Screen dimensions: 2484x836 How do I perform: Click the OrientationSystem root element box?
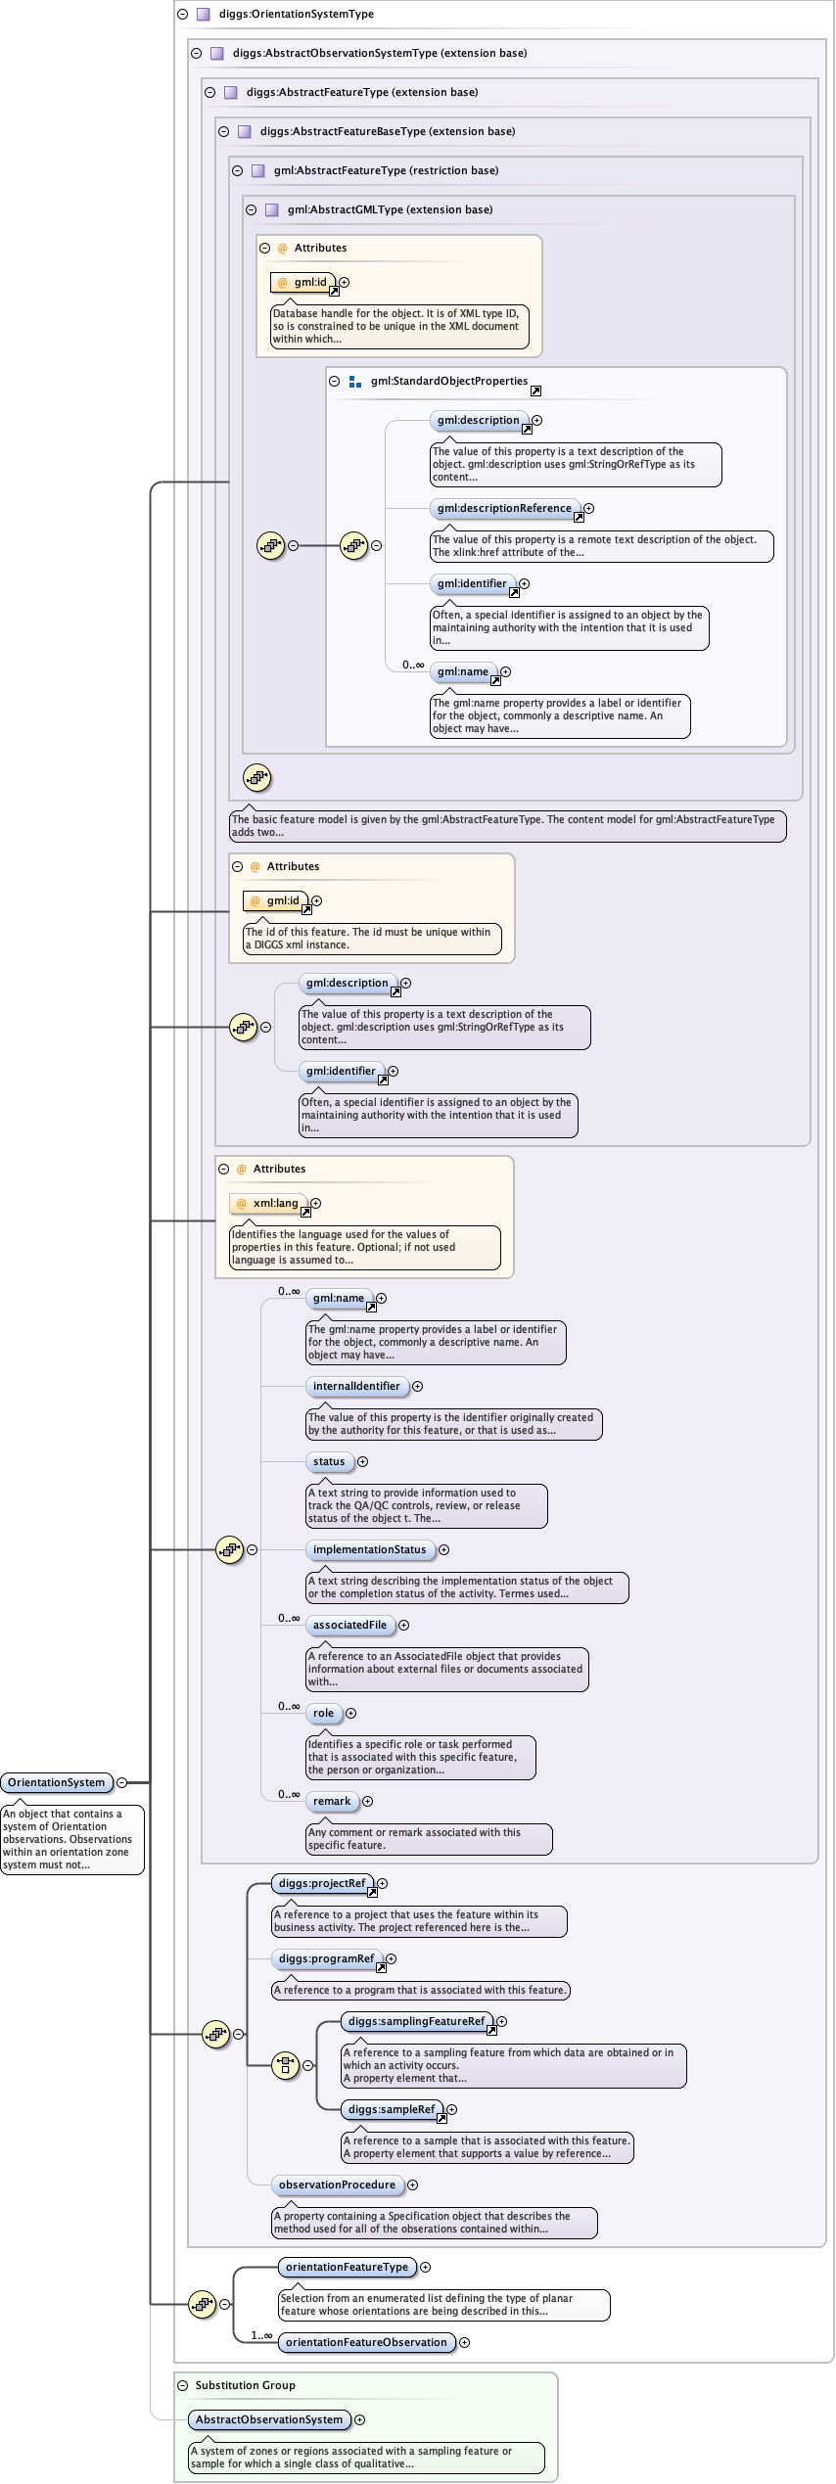pos(57,1782)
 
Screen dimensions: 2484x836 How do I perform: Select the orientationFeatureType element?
pos(347,2267)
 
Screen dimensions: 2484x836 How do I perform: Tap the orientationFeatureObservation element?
pos(365,2342)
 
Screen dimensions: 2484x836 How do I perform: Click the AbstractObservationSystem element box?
pos(269,2419)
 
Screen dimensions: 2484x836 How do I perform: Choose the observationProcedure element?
pos(337,2185)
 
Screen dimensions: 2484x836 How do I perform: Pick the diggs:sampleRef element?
pos(391,2109)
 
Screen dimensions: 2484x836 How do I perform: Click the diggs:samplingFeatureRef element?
pos(416,2021)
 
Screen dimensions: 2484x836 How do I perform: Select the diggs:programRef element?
pos(326,1958)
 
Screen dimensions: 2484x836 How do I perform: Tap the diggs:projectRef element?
pos(322,1883)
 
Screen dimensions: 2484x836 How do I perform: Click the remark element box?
pos(332,1801)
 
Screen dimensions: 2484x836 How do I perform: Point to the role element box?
pos(324,1713)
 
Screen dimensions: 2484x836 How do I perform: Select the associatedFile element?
pos(349,1625)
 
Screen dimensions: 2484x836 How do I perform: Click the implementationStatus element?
pos(369,1549)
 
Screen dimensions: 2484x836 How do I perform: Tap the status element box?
pos(329,1461)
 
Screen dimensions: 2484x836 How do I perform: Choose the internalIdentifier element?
pos(356,1386)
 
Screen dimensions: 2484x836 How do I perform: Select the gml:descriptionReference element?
pos(504,508)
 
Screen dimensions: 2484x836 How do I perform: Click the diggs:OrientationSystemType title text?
pos(296,14)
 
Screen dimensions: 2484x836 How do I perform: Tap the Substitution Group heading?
pos(245,2385)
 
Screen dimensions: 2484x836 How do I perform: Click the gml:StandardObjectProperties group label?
pos(448,381)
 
